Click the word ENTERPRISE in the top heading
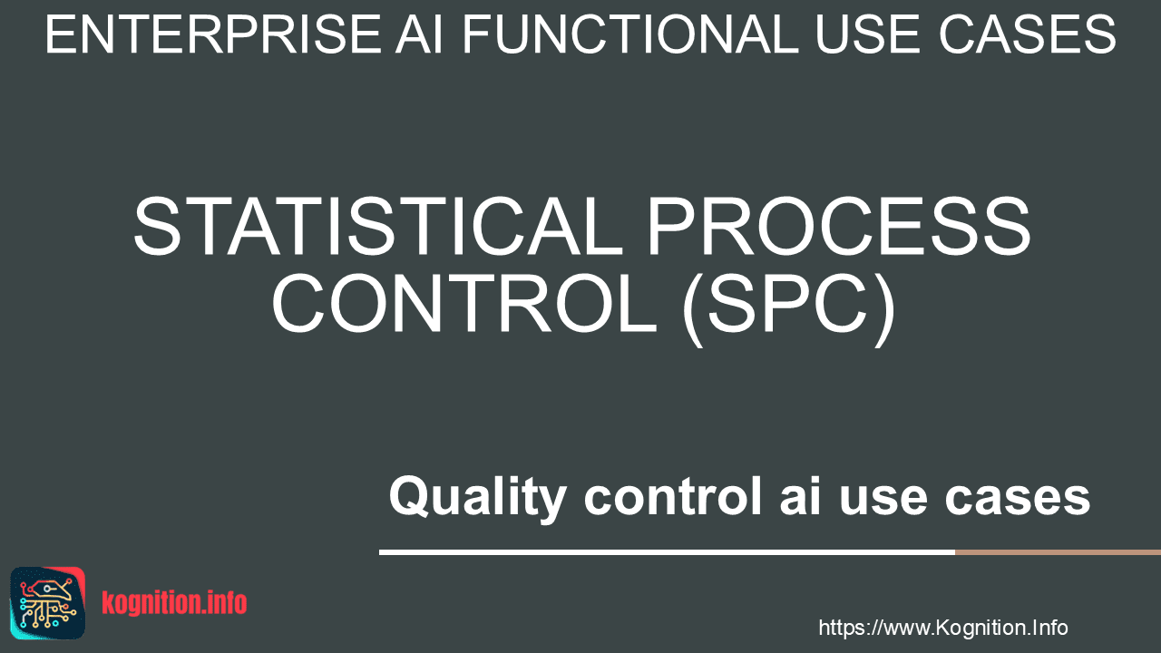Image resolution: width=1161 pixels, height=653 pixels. pyautogui.click(x=213, y=34)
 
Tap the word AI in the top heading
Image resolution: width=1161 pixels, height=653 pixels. pyautogui.click(x=419, y=34)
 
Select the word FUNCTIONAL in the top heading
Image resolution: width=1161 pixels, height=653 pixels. pyautogui.click(x=630, y=34)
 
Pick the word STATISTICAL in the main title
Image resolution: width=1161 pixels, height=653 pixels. pyautogui.click(x=378, y=227)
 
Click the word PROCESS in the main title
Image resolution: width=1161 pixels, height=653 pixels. pyautogui.click(x=839, y=227)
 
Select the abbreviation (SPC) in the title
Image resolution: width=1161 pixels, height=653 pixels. pyautogui.click(x=788, y=309)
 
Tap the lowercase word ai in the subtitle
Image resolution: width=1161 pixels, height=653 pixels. pyautogui.click(x=800, y=496)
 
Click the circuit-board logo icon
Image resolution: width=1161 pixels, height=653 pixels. pyautogui.click(x=48, y=603)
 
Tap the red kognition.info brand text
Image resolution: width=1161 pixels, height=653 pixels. pyautogui.click(x=174, y=603)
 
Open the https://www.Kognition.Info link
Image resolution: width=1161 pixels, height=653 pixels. pyautogui.click(x=943, y=628)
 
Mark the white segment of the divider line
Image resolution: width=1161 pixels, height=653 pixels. pyautogui.click(x=667, y=552)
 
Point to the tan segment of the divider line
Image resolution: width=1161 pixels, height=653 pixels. pyautogui.click(x=1059, y=552)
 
